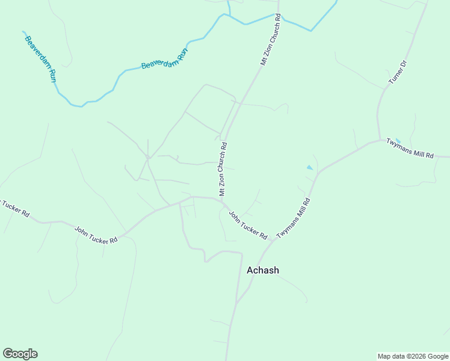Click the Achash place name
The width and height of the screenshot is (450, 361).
[x=263, y=270]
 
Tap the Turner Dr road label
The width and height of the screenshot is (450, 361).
[x=398, y=72]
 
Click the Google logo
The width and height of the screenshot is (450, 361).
[x=20, y=354]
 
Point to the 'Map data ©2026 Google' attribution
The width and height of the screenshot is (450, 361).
[x=413, y=356]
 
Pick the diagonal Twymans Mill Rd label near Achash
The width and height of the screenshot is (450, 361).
[x=294, y=217]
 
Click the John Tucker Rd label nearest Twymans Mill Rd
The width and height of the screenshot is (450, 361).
[x=248, y=224]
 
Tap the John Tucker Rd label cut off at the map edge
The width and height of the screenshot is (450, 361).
[x=13, y=207]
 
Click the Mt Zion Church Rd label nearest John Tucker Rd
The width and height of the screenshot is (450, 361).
[x=223, y=168]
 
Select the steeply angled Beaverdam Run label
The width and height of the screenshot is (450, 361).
[x=40, y=59]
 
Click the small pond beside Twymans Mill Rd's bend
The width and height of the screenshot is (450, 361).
[x=310, y=167]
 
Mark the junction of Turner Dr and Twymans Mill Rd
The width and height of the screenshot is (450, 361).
[x=380, y=140]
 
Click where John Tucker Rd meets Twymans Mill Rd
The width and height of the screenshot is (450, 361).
[x=273, y=240]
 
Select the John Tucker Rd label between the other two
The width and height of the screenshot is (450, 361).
[x=96, y=235]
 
